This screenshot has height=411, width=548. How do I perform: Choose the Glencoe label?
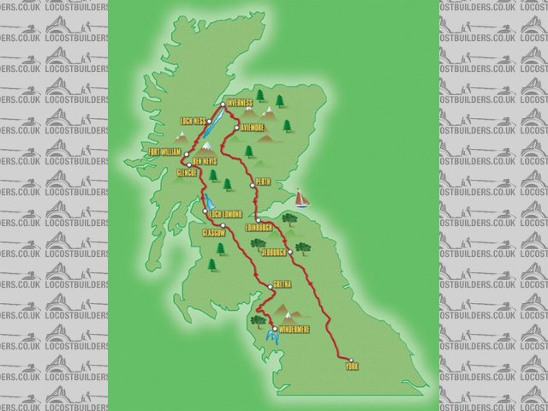(x=187, y=172)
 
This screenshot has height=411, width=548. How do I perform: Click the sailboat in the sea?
(x=301, y=197)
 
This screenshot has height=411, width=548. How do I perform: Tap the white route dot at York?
(x=350, y=358)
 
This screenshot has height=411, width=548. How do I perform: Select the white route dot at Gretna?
(x=270, y=286)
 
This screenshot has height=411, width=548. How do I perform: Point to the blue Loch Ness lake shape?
(x=217, y=114)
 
